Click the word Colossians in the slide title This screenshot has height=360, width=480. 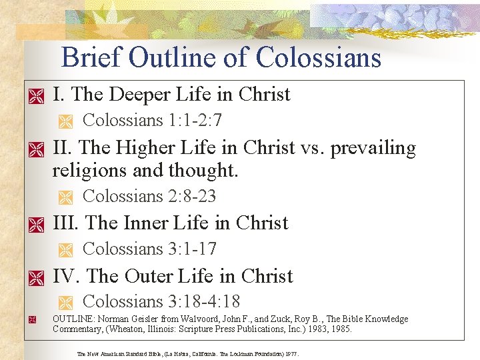point(319,58)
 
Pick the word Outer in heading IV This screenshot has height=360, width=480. point(151,276)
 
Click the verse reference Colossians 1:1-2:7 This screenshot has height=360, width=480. point(152,121)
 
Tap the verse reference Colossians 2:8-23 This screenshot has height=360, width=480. point(149,196)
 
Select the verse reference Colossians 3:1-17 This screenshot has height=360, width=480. point(149,249)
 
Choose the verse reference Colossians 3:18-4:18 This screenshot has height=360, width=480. point(161,301)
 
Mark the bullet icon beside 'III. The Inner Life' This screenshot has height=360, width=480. point(35,225)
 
